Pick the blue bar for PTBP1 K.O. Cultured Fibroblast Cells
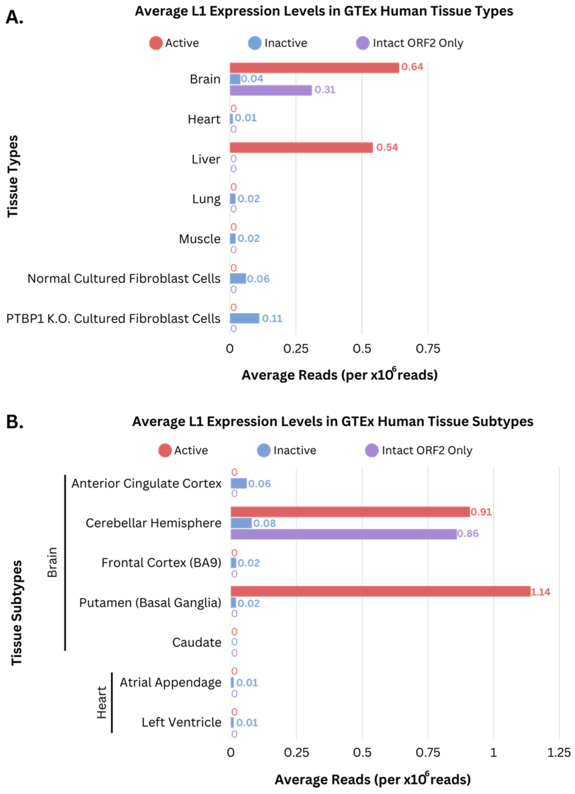pyautogui.click(x=244, y=318)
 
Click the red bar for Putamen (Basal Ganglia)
pyautogui.click(x=380, y=592)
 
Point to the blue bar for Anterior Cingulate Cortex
pyautogui.click(x=239, y=483)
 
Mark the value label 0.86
pyautogui.click(x=468, y=534)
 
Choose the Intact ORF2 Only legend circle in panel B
pyautogui.click(x=372, y=450)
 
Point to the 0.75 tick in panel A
pyautogui.click(x=428, y=349)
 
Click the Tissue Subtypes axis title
pyautogui.click(x=16, y=613)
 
